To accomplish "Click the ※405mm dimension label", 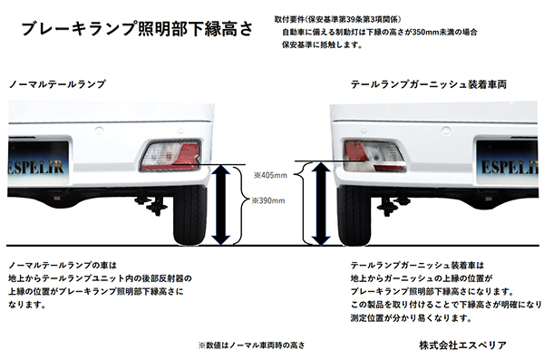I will point(269,174).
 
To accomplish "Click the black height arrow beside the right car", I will point(319,204).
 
